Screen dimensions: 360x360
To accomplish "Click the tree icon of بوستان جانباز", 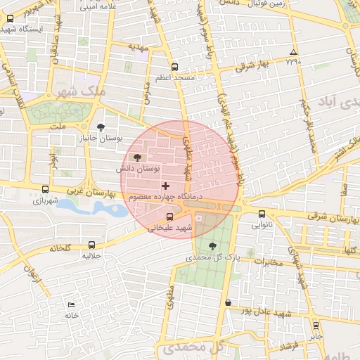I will pos(103,127).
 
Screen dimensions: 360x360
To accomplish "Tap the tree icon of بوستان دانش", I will pos(136,157).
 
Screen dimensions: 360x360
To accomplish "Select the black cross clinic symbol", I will pos(166,186).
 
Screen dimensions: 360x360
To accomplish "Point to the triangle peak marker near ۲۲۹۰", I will pos(294,52).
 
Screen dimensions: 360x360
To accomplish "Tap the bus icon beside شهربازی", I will pos(46,189).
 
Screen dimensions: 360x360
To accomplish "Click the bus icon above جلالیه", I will pos(92,245).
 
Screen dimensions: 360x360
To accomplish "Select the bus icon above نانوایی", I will pos(262,214).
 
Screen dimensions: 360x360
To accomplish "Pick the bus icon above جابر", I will pos(316,326).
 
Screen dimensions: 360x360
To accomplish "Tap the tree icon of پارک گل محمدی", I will pos(213,245).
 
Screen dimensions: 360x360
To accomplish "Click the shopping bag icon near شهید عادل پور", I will pos(227,302).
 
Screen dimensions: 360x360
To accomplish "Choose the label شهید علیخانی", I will pos(169,228).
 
